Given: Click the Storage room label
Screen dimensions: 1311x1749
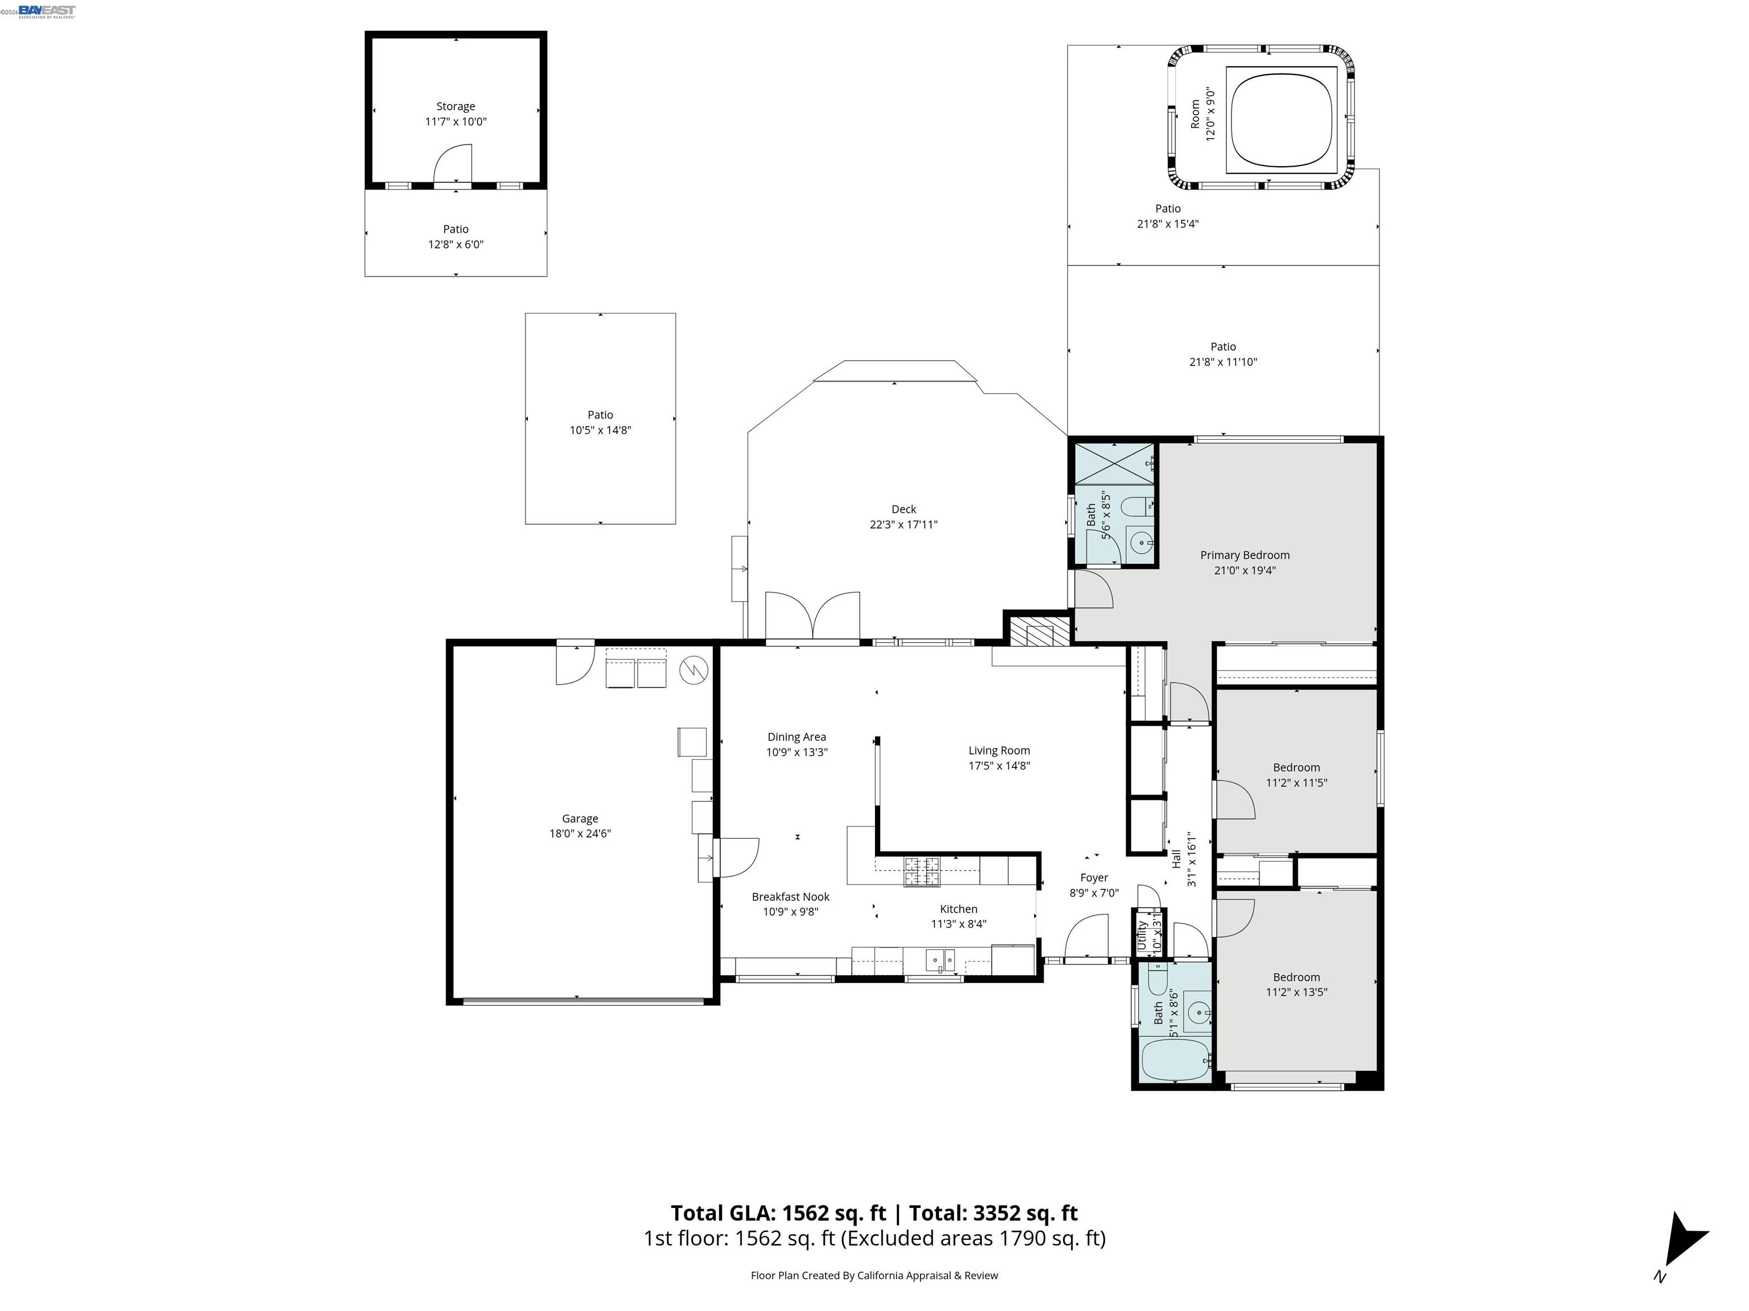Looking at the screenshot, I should point(455,106).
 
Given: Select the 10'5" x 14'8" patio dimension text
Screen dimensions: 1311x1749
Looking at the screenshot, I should point(600,430).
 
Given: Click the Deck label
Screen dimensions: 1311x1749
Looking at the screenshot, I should point(903,509).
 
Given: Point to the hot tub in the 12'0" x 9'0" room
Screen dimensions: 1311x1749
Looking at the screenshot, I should point(1281,118).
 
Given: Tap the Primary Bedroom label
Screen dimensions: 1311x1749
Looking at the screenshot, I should point(1244,555).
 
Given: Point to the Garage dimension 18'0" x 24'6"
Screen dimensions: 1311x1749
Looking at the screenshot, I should point(580,833).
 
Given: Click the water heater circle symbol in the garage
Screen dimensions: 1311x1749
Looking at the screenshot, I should point(693,669).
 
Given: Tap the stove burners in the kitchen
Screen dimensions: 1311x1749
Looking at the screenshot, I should point(922,870).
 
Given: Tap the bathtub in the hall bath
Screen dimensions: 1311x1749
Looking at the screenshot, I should point(1175,1059).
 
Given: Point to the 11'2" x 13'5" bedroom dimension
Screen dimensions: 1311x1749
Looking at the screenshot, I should point(1296,992).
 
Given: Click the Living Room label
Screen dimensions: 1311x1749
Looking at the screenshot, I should point(999,750).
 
